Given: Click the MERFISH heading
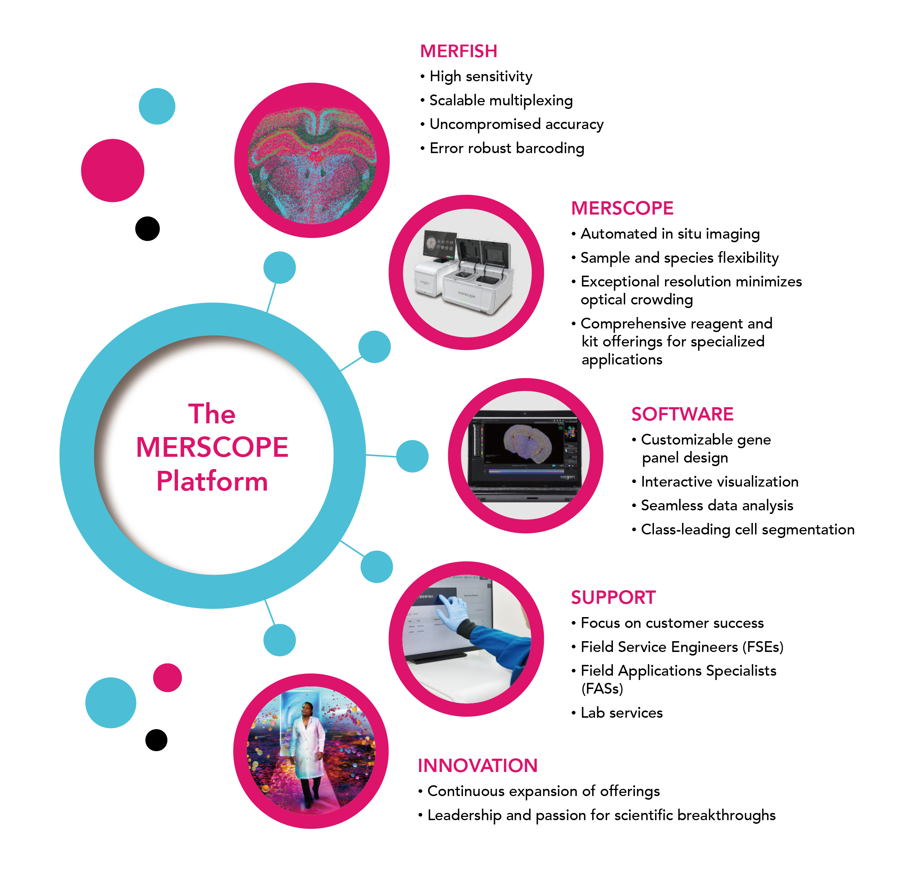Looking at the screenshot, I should coord(458,51).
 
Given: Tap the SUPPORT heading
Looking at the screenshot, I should coord(613,597).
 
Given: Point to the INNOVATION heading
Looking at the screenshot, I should coord(478,766).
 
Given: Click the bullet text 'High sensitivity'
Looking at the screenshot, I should coord(481,77).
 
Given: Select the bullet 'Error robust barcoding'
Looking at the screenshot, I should coord(506,148).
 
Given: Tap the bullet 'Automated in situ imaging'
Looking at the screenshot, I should coord(670,234).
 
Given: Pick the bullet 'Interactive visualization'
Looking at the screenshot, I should coord(719,482).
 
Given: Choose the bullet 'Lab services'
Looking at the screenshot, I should coord(621,713).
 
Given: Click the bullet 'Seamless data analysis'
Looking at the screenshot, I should coord(717,505).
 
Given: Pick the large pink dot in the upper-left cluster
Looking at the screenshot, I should coord(112,171).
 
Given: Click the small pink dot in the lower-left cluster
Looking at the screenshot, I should coord(167,677).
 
